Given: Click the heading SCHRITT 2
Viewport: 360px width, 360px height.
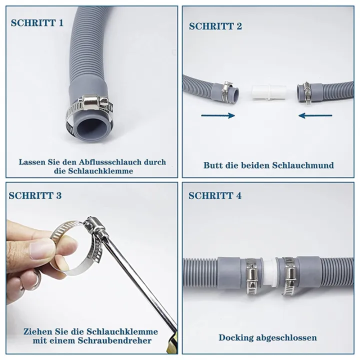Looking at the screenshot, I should pyautogui.click(x=215, y=26).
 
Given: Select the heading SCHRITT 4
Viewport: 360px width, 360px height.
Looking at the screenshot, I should pyautogui.click(x=215, y=195).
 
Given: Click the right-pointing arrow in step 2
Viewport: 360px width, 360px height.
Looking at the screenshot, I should pyautogui.click(x=217, y=115).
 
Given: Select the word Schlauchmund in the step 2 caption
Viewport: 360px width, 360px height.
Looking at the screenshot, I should pyautogui.click(x=307, y=165).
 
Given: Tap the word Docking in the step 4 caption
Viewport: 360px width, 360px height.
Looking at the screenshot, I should pyautogui.click(x=237, y=337).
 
